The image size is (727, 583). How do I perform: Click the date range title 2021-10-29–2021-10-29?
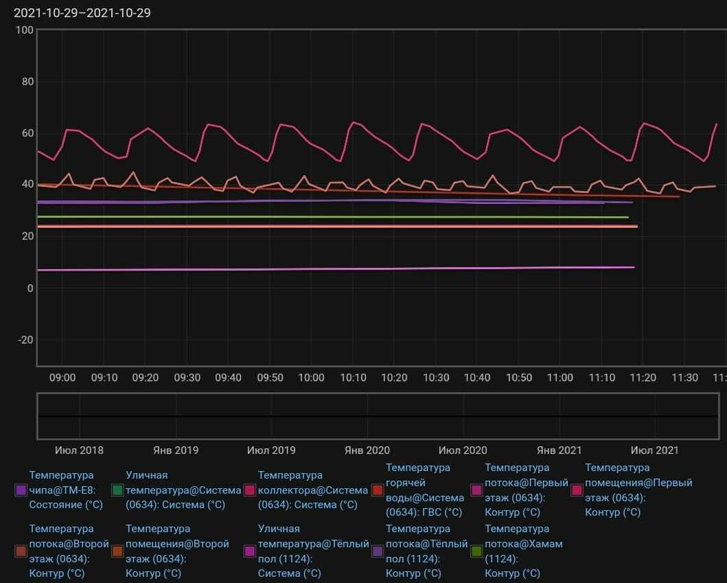[x=82, y=13]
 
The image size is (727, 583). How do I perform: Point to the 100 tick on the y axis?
[x=25, y=30]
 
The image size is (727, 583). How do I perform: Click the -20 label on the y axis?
[x=25, y=340]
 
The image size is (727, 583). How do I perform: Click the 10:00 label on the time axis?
[x=311, y=378]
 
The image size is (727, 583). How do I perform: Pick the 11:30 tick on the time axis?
[x=684, y=378]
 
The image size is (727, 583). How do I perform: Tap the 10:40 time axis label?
[x=477, y=378]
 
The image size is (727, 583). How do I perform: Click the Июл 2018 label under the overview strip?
[x=79, y=450]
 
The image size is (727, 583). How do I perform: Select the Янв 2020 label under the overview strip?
[x=367, y=450]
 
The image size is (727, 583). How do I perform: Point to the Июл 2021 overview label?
[x=654, y=450]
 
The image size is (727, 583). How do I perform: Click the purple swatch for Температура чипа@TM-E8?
[x=21, y=490]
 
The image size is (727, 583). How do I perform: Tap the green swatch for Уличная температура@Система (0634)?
[x=117, y=490]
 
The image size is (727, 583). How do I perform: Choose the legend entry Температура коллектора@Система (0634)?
[x=312, y=490]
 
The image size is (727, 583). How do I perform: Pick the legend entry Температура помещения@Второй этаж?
[x=177, y=551]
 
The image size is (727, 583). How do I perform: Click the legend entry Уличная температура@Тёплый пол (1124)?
[x=312, y=551]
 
